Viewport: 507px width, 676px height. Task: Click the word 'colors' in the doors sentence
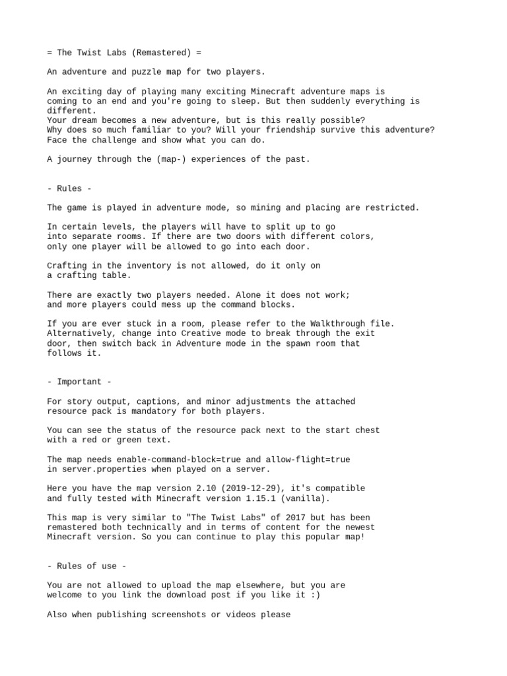pos(358,236)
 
